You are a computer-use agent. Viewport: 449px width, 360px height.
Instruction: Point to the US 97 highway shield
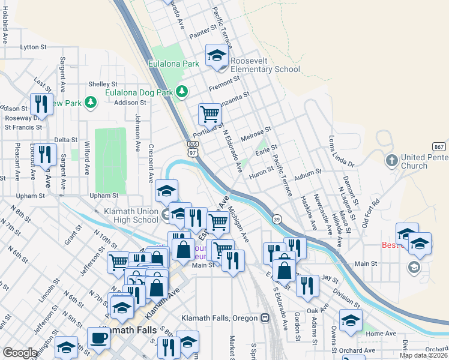[x=193, y=149]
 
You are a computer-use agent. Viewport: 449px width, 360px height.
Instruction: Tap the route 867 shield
[x=439, y=147]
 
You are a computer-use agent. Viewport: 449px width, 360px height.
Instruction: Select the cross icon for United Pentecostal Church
[x=391, y=160]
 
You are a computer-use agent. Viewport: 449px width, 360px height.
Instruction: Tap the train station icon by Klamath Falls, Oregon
[x=265, y=317]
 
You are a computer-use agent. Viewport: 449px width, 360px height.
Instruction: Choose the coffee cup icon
[x=98, y=337]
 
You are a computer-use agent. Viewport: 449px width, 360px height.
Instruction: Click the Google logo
[x=20, y=353]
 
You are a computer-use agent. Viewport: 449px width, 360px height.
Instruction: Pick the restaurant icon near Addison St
[x=41, y=104]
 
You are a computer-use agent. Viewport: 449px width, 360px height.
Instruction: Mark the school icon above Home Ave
[x=351, y=320]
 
